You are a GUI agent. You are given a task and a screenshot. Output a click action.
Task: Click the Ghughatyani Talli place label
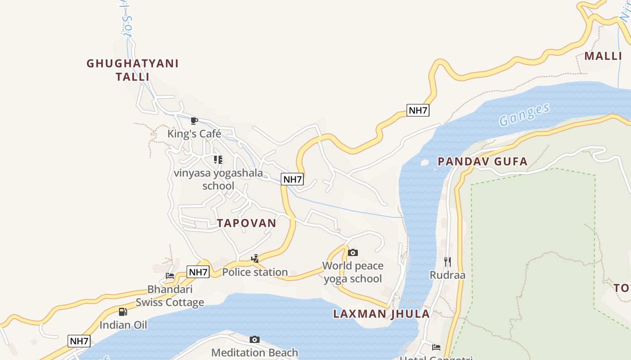(133, 70)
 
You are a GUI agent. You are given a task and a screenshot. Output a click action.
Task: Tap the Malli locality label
(603, 56)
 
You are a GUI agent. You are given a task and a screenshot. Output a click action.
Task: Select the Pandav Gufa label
(482, 162)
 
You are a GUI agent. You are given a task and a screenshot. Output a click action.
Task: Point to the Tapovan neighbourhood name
(246, 223)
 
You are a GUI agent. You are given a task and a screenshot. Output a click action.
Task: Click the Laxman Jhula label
(381, 314)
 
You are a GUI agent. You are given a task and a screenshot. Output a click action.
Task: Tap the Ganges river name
(525, 115)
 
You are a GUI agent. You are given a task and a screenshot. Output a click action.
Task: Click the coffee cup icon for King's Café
(194, 121)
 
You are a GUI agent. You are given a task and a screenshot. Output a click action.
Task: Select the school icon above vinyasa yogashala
(218, 160)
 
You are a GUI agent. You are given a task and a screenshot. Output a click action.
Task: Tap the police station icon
(255, 259)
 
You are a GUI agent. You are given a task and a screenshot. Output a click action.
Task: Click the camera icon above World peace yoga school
(353, 252)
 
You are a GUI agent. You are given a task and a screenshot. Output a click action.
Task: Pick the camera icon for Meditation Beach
(255, 339)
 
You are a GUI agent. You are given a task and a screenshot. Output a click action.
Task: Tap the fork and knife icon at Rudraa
(448, 261)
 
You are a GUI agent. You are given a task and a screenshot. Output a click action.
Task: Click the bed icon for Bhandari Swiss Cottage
(170, 276)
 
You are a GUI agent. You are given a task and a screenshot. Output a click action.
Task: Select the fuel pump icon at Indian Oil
(123, 311)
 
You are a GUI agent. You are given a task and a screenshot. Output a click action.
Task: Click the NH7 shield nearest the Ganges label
(417, 110)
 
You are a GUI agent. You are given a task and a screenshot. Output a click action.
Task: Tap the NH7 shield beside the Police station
(198, 272)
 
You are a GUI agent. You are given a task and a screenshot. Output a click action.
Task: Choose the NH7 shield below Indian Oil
(79, 341)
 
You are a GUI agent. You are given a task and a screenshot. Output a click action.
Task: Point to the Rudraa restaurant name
(448, 275)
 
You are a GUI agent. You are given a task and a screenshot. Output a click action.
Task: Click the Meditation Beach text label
(255, 352)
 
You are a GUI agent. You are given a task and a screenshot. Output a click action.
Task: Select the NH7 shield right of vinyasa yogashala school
(292, 179)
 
